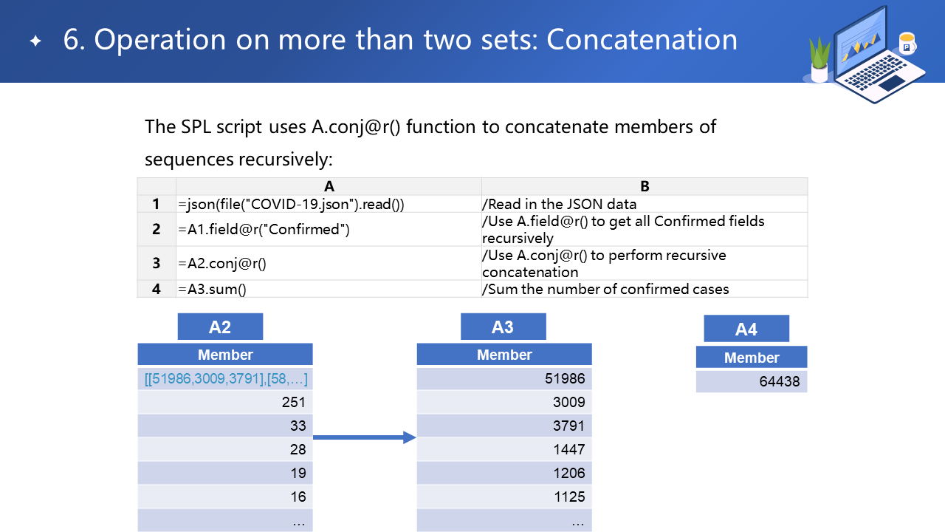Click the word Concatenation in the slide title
642,40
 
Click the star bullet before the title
36,41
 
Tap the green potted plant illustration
819,59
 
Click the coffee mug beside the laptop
907,43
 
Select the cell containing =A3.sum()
329,289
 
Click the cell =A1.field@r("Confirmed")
329,229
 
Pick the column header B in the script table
645,186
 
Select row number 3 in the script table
157,263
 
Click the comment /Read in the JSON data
559,205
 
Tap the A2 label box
220,327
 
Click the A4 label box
746,329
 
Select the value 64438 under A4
779,381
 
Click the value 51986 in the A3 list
565,378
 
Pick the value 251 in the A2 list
294,402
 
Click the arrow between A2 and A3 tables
365,437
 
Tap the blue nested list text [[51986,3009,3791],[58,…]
226,378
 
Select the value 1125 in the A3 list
569,497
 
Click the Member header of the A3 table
504,355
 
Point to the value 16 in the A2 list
298,497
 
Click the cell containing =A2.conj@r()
329,263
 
